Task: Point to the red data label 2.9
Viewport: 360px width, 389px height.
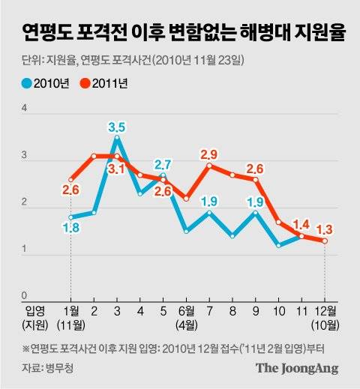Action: [210, 154]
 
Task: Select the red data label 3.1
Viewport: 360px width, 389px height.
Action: [117, 169]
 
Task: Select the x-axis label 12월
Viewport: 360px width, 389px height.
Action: [324, 310]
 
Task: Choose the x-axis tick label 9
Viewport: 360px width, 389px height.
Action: [256, 310]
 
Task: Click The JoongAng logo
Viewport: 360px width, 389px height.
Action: [297, 368]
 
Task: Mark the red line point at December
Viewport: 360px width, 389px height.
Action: [325, 241]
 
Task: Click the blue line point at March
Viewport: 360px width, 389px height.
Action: [117, 137]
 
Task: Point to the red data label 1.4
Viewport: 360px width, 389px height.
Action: [301, 223]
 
